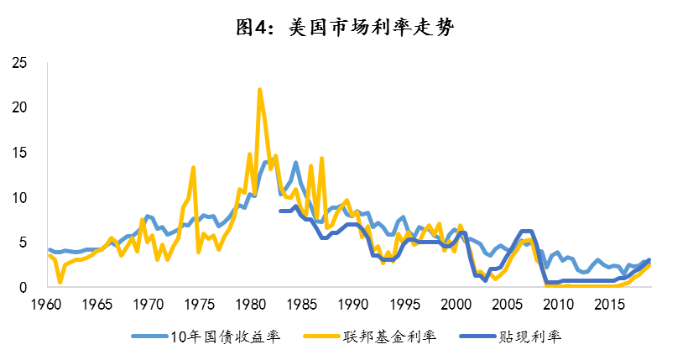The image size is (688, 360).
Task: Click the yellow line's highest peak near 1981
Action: click(x=259, y=90)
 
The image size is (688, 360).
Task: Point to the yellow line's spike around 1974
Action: click(x=193, y=168)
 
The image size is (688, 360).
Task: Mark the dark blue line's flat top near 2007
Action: click(x=527, y=232)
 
